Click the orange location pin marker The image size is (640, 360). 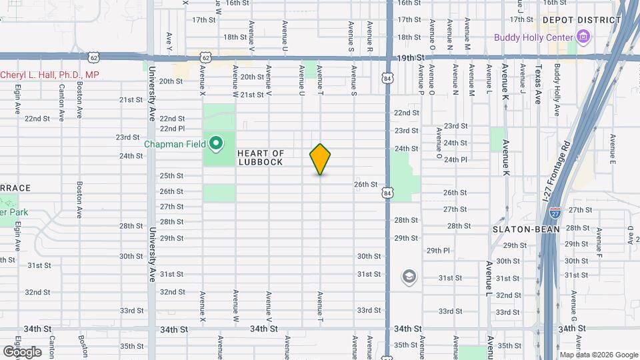point(320,159)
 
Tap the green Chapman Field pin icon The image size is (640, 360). point(216,143)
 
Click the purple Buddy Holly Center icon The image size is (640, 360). point(584,37)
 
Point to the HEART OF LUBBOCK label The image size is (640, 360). point(261,158)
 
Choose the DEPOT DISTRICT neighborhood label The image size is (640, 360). point(581,21)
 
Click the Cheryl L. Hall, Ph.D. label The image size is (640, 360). point(49,75)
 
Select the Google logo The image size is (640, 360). point(22,351)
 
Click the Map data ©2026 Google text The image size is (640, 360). point(598,355)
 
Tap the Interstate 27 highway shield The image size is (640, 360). point(555,213)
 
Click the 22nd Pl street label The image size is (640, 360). point(171,129)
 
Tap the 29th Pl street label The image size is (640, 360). point(439,251)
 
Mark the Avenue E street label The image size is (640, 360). point(611,152)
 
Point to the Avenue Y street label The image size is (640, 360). point(169,41)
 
